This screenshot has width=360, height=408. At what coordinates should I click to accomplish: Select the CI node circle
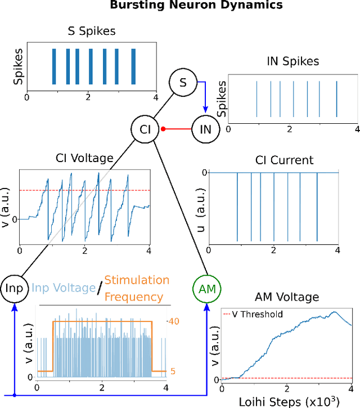(x=145, y=129)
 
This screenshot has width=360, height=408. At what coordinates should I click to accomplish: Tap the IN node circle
(x=206, y=129)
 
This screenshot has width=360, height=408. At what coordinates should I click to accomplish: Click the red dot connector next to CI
(x=164, y=129)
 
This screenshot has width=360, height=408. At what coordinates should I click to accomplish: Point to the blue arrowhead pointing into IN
(x=206, y=110)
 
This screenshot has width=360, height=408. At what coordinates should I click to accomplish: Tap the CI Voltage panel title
(x=84, y=159)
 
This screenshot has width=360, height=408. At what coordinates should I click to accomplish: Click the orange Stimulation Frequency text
(x=137, y=288)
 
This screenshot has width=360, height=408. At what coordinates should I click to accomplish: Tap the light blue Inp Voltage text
(x=63, y=288)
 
